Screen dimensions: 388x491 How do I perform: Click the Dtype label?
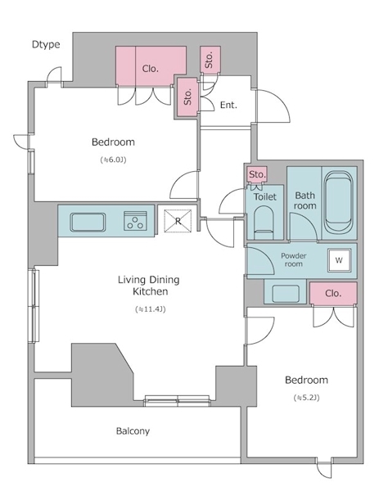[x=46, y=44]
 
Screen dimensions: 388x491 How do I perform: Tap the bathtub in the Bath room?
[x=339, y=203]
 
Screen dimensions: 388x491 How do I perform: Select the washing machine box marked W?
[x=339, y=260]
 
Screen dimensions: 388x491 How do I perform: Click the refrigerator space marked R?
[x=178, y=221]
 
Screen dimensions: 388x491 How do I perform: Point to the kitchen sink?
[x=88, y=222]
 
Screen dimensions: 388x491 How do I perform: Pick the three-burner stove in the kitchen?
[x=135, y=221]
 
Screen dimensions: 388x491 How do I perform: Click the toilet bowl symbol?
[x=264, y=223]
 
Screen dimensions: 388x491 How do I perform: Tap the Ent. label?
[x=228, y=105]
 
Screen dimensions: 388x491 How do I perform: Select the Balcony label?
[x=133, y=431]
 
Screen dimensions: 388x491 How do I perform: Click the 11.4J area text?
[x=151, y=309]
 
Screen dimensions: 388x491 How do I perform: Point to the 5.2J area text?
[x=307, y=398]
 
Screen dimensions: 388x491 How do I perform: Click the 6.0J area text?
[x=113, y=160]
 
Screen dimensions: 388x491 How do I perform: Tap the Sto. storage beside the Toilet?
[x=257, y=174]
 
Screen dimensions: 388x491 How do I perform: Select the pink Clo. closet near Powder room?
[x=333, y=293]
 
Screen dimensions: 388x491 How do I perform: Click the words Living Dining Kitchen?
[x=149, y=286]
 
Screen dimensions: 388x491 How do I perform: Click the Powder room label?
[x=293, y=260]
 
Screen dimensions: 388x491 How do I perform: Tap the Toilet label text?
[x=265, y=196]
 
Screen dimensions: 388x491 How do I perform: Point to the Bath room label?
[x=305, y=200]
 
